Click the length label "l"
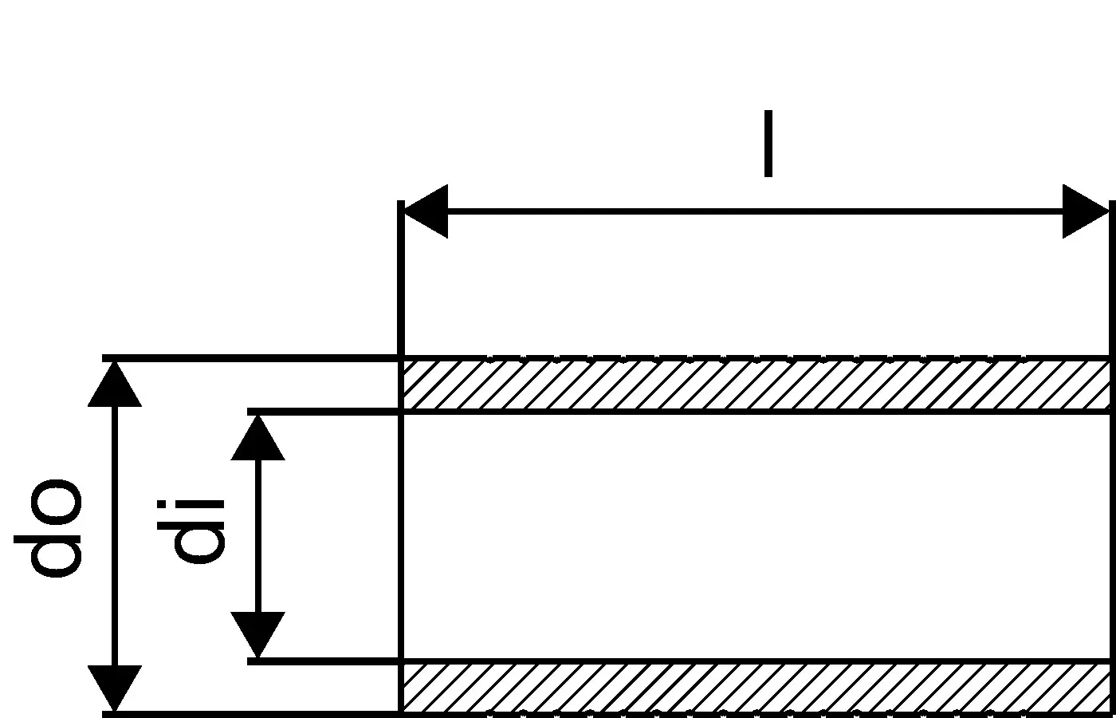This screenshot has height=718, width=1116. (768, 144)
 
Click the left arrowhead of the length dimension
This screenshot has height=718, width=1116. (425, 211)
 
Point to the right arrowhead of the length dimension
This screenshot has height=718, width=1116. (1085, 211)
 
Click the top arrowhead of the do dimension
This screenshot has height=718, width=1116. (115, 384)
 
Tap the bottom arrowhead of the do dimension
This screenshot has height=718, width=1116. (115, 688)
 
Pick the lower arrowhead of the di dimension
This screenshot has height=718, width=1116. (257, 634)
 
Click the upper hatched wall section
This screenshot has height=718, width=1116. (754, 385)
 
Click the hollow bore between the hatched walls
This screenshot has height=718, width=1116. (754, 536)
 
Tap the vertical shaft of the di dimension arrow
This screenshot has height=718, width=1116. (257, 536)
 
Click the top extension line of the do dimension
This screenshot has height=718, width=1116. (251, 358)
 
